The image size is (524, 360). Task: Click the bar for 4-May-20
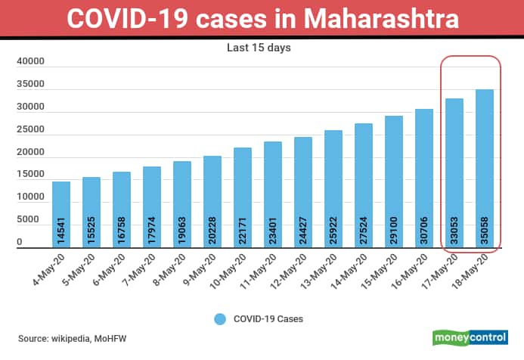61,214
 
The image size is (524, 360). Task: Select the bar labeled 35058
484,168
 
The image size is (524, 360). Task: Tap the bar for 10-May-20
243,197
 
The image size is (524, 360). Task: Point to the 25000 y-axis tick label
29,130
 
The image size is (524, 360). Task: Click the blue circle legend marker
219,319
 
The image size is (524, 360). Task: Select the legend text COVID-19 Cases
268,319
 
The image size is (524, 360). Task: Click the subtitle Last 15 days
259,47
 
